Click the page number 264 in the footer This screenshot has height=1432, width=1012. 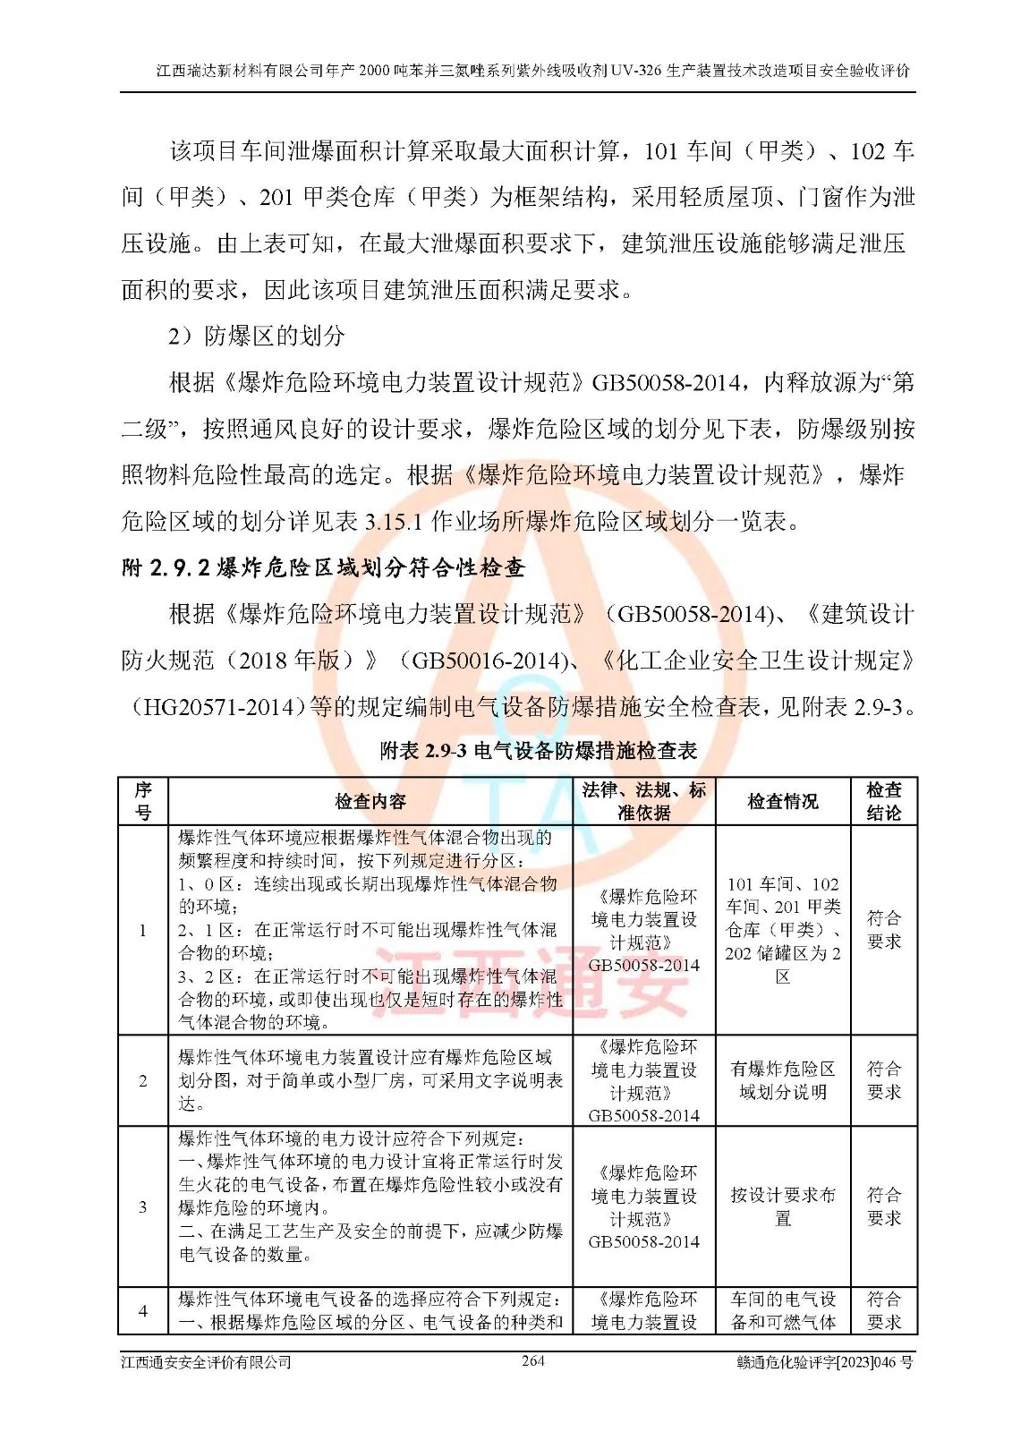click(532, 1360)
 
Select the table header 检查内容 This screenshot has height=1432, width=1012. click(370, 801)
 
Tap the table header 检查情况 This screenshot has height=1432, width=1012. click(783, 801)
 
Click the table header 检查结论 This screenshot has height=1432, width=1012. click(884, 801)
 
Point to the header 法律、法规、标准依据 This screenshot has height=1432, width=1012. click(644, 801)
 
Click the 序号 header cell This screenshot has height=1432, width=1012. click(143, 801)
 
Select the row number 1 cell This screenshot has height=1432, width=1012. click(143, 930)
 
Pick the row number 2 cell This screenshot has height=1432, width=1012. click(143, 1080)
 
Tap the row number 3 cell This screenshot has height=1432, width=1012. click(143, 1206)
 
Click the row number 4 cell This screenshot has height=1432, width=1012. click(143, 1310)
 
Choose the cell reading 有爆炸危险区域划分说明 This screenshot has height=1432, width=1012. click(783, 1080)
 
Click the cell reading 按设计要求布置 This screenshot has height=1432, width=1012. click(783, 1206)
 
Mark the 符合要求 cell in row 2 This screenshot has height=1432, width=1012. click(884, 1080)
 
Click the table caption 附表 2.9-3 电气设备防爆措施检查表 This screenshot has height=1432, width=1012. click(539, 751)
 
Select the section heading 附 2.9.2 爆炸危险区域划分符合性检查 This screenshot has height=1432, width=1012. click(323, 568)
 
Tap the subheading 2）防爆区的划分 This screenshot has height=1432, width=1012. click(257, 337)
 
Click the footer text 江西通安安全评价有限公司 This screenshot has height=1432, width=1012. click(207, 1362)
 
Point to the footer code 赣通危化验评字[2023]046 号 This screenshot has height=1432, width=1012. click(824, 1362)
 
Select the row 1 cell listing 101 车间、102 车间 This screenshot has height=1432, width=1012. click(783, 930)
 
